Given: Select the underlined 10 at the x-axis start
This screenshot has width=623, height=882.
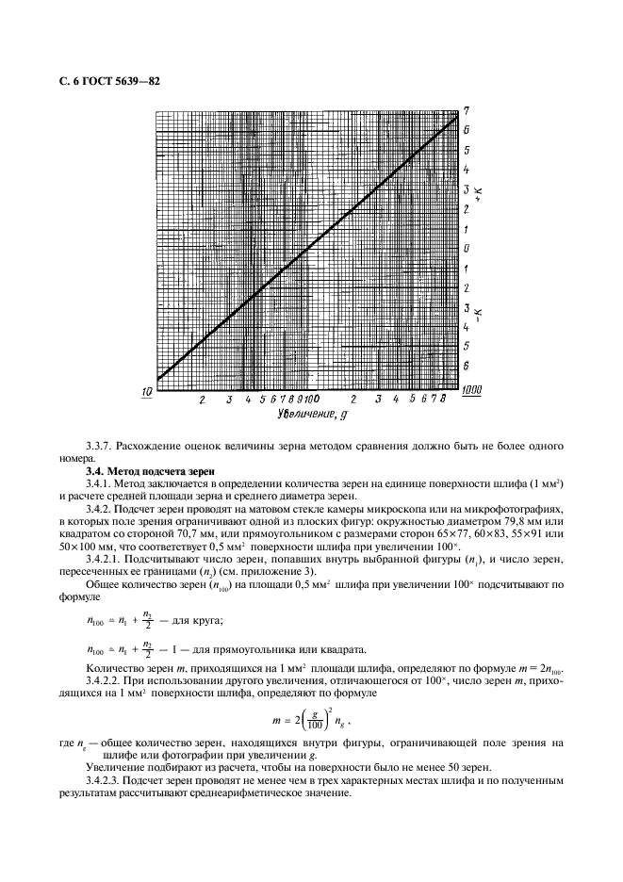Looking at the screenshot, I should (148, 392).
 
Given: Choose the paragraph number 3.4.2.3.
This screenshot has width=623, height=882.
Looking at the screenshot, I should (107, 780).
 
